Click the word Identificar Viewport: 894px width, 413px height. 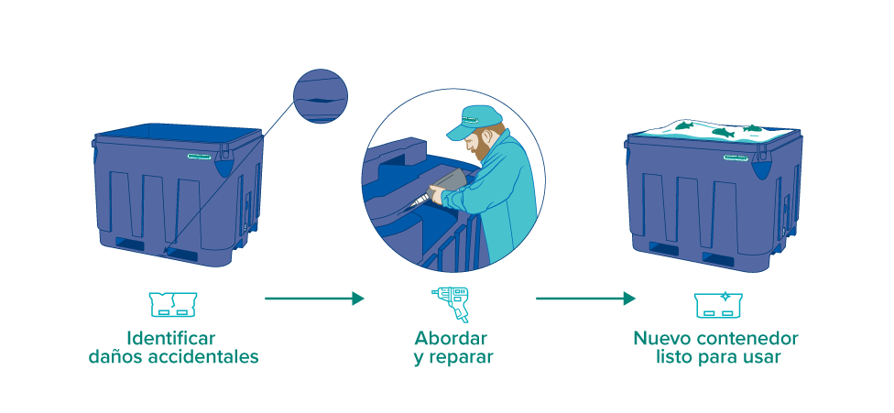(x=171, y=338)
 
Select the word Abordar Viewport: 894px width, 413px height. (x=451, y=338)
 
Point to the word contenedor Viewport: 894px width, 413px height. (x=749, y=338)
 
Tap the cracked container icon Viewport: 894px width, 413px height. (x=173, y=304)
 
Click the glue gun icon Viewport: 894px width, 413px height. (x=450, y=304)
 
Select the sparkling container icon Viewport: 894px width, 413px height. (x=718, y=305)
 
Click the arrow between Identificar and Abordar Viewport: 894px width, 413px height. (x=314, y=299)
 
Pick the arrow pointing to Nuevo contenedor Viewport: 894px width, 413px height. (x=585, y=299)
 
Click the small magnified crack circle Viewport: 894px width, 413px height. (x=321, y=96)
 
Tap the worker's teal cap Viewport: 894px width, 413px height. (x=473, y=122)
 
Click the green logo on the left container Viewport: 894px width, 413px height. (x=200, y=156)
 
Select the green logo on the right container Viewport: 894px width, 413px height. (x=736, y=158)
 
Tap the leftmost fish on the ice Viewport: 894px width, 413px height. (x=685, y=125)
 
